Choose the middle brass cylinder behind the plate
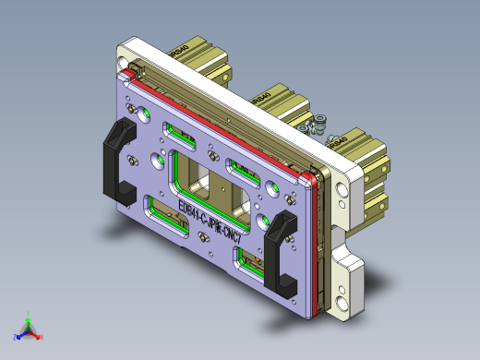click(278, 104)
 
